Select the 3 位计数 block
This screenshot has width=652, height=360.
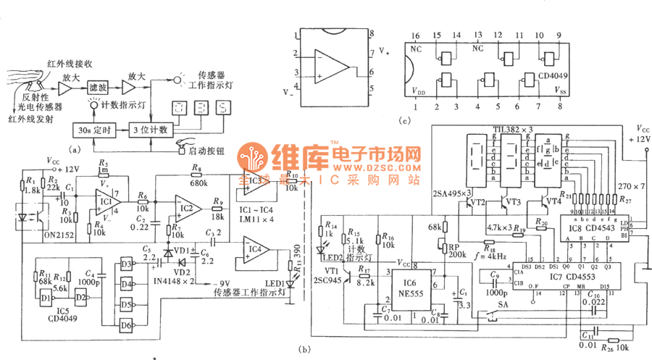[149, 130]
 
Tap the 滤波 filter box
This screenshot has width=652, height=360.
[97, 87]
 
